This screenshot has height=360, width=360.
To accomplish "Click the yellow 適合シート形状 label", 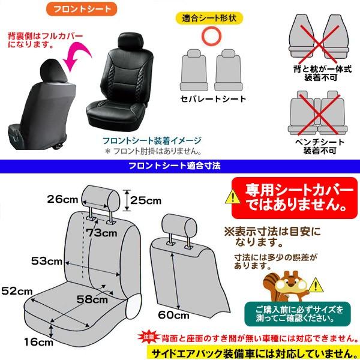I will click(209, 17).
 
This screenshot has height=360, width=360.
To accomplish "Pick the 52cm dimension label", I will click(16, 291).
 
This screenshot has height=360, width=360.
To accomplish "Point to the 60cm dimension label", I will click(174, 314).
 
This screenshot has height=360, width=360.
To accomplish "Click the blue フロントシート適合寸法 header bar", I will click(180, 164).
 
